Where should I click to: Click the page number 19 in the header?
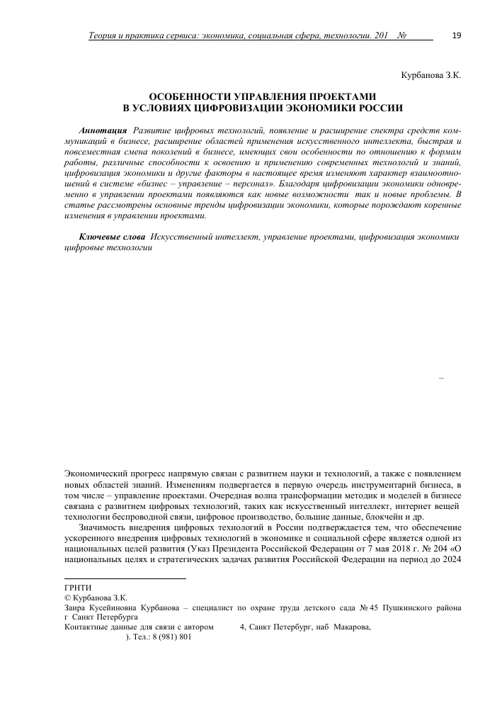click(456, 35)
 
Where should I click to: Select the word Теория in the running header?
click(101, 35)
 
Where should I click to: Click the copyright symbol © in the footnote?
click(67, 598)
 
